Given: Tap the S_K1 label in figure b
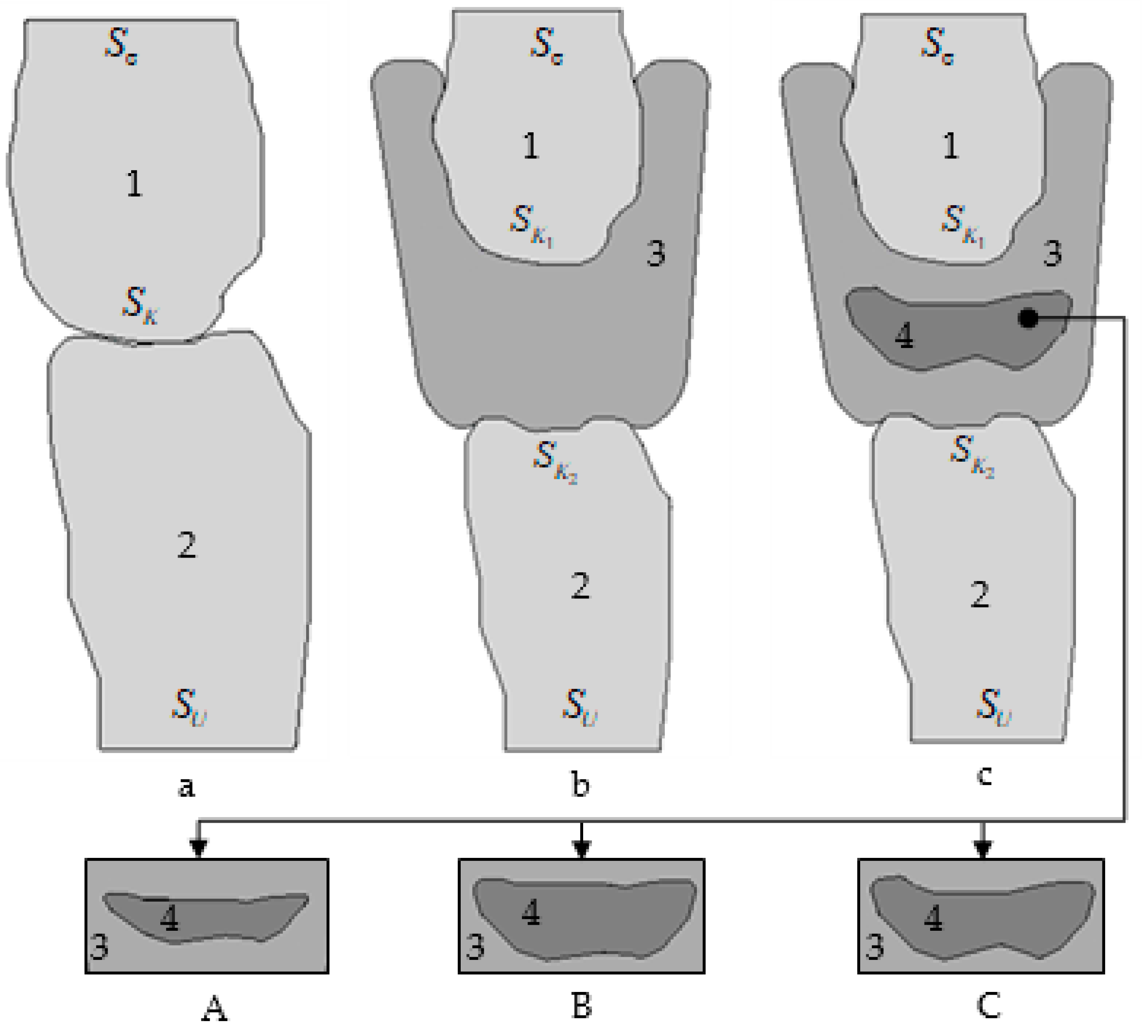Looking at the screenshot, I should pyautogui.click(x=530, y=225).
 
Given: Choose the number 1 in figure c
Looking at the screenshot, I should pyautogui.click(x=951, y=145).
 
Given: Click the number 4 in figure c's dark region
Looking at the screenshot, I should pyautogui.click(x=904, y=336).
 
